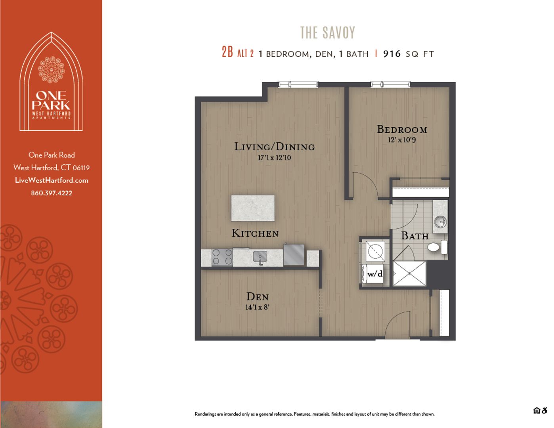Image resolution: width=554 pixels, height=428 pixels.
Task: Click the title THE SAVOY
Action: [328, 32]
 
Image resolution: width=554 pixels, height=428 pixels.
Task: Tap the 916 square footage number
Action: [392, 54]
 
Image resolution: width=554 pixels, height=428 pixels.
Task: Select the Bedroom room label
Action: [402, 129]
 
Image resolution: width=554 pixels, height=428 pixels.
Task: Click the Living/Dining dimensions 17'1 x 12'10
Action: [274, 158]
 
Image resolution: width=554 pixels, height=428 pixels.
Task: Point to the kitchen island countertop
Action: [253, 208]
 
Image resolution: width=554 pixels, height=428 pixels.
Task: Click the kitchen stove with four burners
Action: [222, 257]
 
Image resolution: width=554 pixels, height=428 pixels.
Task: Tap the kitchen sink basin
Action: [260, 257]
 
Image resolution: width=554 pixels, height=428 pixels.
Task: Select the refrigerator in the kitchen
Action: [294, 255]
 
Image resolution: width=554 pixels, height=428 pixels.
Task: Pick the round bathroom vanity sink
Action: [440, 222]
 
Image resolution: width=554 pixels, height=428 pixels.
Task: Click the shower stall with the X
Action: [409, 273]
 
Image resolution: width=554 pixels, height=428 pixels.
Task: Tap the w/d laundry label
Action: [375, 274]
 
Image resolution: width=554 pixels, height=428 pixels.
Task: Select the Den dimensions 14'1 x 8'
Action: [257, 307]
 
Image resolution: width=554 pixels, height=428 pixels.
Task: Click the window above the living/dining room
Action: [298, 84]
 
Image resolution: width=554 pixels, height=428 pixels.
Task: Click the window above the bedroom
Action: [390, 84]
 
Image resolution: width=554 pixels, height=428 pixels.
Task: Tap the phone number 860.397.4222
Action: [52, 193]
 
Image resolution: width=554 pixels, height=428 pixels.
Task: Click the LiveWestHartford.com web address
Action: [52, 180]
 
